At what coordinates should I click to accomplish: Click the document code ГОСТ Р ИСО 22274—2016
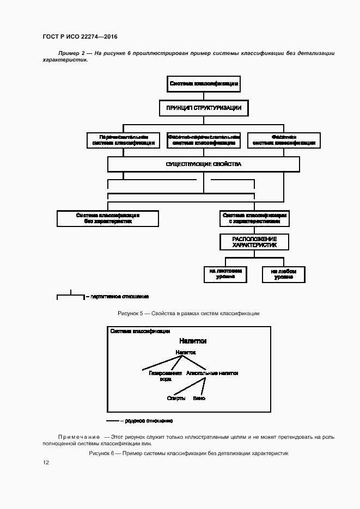pos(80,37)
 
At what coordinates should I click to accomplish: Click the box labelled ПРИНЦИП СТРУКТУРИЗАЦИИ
pos(204,108)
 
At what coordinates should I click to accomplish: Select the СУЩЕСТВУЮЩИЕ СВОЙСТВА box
pos(203,164)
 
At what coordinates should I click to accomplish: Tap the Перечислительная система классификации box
pos(123,140)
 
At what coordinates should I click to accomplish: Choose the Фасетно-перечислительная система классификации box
pos(204,140)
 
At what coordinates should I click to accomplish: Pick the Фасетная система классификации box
pos(283,140)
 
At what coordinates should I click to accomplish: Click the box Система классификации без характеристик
pos(108,218)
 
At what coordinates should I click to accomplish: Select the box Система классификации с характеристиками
pos(254,218)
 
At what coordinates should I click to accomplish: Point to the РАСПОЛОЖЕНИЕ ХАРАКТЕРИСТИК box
pos(254,242)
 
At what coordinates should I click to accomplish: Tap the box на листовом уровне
pos(225,273)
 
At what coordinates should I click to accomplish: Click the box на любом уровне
pos(284,273)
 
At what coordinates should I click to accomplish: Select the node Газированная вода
pos(165,376)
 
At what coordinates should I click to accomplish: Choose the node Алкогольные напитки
pos(212,373)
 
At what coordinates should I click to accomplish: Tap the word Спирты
pos(176,398)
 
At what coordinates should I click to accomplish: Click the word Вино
pos(199,398)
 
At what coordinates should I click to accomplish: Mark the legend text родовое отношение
pos(149,421)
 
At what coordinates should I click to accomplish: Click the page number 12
pos(46,463)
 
